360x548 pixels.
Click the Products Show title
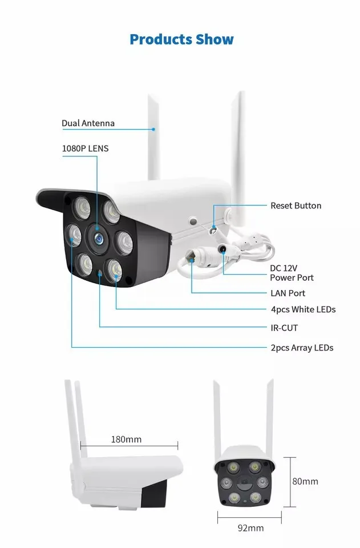pyautogui.click(x=181, y=39)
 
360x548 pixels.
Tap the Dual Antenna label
pyautogui.click(x=88, y=123)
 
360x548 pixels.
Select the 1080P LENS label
pyautogui.click(x=85, y=148)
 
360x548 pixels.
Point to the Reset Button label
pyautogui.click(x=296, y=205)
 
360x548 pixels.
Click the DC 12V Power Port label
pyautogui.click(x=292, y=272)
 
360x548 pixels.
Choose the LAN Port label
pyautogui.click(x=288, y=293)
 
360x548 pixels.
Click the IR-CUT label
pyautogui.click(x=284, y=328)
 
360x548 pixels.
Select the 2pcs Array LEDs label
pyautogui.click(x=301, y=348)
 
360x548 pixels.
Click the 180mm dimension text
pyautogui.click(x=126, y=440)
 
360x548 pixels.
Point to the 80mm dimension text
pyautogui.click(x=305, y=481)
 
